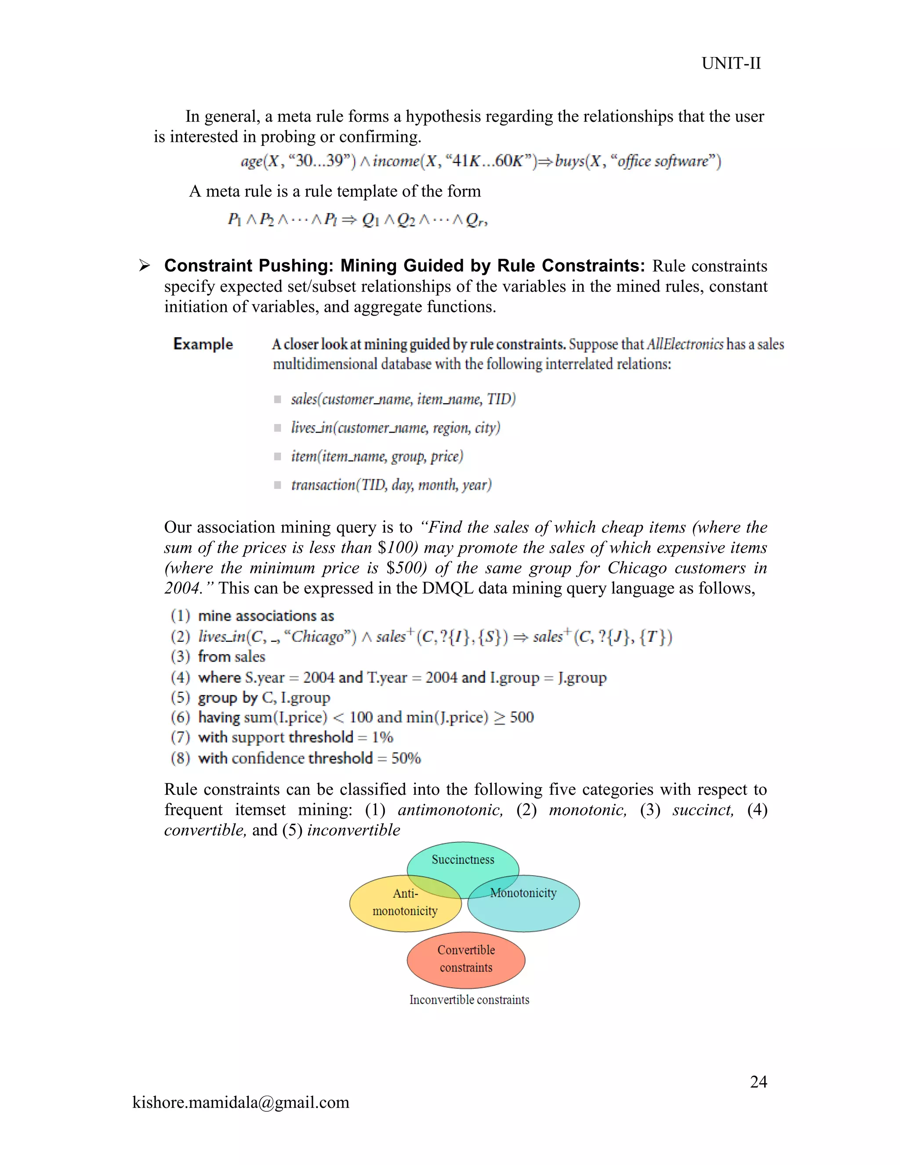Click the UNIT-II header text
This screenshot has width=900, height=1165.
tap(730, 63)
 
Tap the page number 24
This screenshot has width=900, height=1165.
tap(758, 1081)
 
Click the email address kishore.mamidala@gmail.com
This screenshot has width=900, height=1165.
tap(240, 1102)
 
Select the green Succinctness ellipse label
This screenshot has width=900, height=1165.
tap(463, 859)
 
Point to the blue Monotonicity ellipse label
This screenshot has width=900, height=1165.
tap(523, 893)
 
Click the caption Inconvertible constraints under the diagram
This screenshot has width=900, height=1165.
tap(469, 1000)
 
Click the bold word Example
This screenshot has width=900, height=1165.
tap(203, 344)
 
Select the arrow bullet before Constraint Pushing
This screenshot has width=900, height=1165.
tap(144, 265)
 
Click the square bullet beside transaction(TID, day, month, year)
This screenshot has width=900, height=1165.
tap(277, 485)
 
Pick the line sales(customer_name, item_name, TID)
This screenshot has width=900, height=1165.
tap(403, 399)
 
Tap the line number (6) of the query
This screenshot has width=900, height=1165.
tap(180, 717)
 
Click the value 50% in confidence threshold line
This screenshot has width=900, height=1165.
tap(406, 758)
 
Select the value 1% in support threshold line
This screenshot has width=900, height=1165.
tap(382, 737)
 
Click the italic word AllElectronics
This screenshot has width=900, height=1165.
tap(685, 344)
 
